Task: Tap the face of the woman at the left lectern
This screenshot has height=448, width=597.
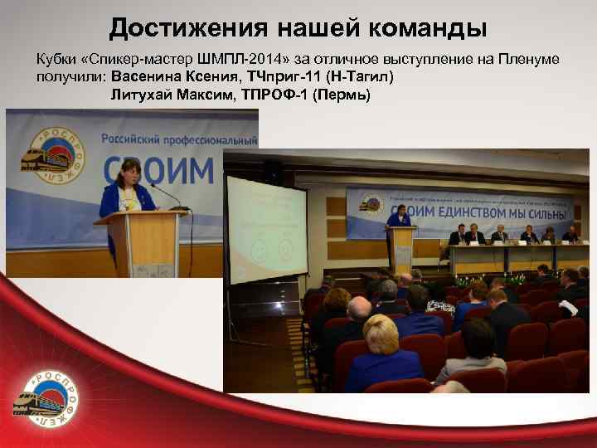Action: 131,173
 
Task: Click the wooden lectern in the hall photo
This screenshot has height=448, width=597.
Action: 403,249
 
